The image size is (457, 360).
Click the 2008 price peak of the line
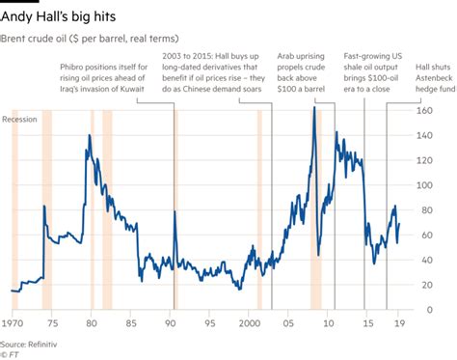[314, 107]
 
